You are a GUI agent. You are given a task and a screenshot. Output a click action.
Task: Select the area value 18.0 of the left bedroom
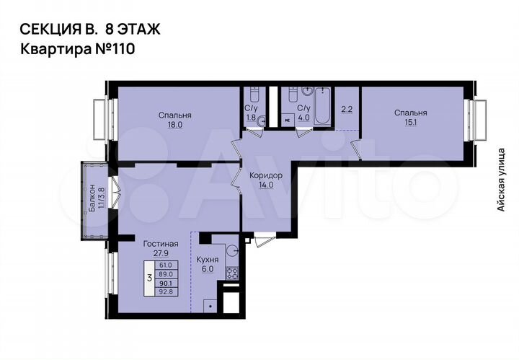point(176,124)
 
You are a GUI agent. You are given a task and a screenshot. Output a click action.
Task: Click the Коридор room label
point(265,175)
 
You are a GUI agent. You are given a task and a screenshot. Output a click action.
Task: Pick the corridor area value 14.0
point(265,185)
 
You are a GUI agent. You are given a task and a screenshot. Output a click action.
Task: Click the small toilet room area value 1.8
point(250,118)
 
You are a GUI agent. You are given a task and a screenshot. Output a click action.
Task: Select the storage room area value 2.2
point(346,110)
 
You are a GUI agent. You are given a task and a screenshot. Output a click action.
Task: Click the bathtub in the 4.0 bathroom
point(322,106)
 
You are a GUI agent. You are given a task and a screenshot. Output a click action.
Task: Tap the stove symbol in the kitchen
point(233,273)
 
